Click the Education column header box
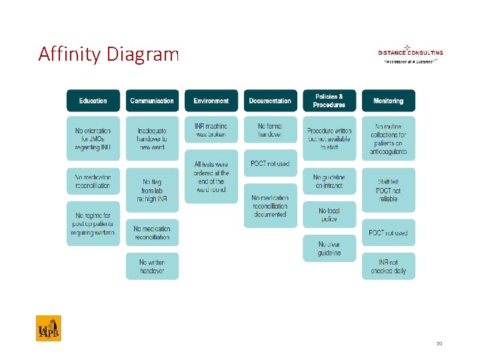93,101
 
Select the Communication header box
152,101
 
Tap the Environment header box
211,101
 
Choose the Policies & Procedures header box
329,101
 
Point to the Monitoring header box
388,101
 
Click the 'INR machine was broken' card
211,130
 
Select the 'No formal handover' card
270,130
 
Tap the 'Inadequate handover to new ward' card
152,139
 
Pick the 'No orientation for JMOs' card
93,139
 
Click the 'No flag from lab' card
152,190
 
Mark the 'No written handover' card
152,267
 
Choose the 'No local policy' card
329,215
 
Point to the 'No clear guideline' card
329,249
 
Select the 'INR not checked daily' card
388,267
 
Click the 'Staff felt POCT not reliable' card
388,190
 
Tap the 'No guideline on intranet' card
329,181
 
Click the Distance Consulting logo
410,53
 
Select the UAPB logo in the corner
49,328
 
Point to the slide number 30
439,344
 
